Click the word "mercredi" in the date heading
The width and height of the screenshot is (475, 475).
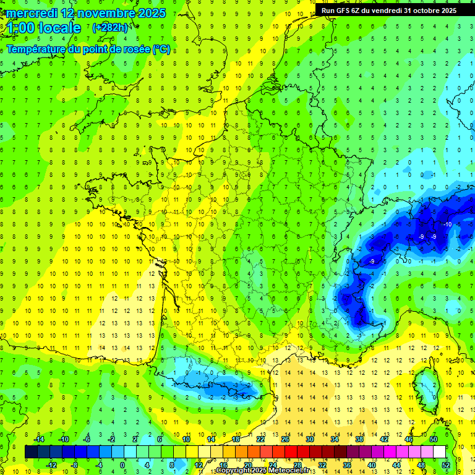33,13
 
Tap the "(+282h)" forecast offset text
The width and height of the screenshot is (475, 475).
110,27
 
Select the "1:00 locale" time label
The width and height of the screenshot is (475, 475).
44,28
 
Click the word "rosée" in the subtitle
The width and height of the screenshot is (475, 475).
134,49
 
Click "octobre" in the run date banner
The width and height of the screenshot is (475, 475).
425,11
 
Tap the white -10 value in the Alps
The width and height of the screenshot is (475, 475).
447,224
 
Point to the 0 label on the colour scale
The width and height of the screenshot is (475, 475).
122,464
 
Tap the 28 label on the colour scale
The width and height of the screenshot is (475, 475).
297,464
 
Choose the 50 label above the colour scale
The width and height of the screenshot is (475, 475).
434,439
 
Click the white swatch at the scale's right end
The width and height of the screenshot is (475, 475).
439,451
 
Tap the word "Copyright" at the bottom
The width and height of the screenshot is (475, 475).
233,471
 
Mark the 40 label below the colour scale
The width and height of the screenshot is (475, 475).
372,464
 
